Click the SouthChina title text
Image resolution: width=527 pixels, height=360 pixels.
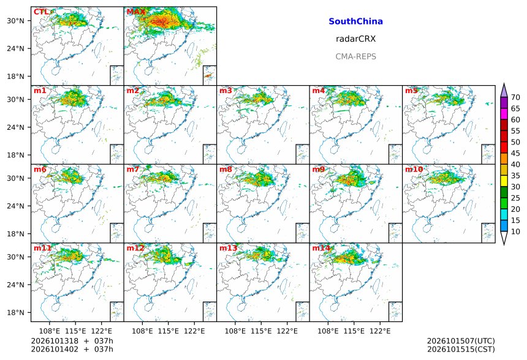tap(355, 21)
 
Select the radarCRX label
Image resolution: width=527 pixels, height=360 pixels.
tap(355, 39)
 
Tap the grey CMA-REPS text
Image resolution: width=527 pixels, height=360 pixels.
tap(355, 56)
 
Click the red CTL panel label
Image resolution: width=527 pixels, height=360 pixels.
tap(41, 12)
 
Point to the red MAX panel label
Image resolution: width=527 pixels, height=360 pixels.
tap(136, 12)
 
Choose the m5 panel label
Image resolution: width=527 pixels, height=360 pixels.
tap(411, 91)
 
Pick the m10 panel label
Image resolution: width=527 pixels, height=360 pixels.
tap(414, 169)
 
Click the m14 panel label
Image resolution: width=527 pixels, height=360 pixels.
tap(321, 248)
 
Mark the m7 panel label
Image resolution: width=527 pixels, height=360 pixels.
tap(133, 169)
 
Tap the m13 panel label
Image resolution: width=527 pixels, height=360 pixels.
tap(228, 248)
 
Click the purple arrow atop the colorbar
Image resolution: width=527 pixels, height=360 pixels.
tap(504, 91)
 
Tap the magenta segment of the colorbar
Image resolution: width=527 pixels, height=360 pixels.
tap(504, 114)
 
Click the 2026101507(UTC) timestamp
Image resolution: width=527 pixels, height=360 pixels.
tap(461, 341)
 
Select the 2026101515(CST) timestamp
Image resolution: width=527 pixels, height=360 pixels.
tap(461, 350)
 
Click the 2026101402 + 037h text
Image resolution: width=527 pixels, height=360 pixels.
tap(72, 350)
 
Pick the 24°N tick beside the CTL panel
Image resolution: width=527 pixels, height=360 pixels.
tap(16, 49)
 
